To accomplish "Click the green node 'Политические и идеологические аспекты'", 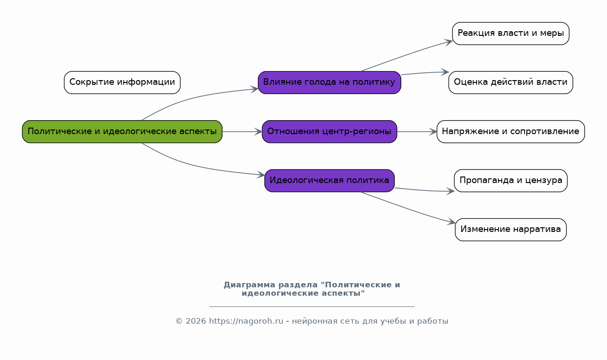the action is click(x=122, y=131).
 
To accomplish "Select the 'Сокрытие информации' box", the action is click(x=122, y=82).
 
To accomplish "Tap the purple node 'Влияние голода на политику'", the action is click(x=329, y=82).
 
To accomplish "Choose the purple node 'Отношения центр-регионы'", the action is click(x=329, y=131).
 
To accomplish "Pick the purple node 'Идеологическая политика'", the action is click(x=329, y=181).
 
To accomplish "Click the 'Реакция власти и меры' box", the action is click(x=511, y=34).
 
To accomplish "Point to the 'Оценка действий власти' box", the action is click(x=511, y=82).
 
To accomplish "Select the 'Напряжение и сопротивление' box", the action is click(x=511, y=131).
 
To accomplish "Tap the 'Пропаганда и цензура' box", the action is click(x=511, y=181).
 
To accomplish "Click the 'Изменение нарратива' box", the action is click(x=511, y=230).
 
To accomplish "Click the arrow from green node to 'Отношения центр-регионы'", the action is click(x=242, y=132).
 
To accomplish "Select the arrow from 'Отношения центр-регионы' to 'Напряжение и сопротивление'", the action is click(x=417, y=132).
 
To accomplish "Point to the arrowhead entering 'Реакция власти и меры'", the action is click(x=448, y=42).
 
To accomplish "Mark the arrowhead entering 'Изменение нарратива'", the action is click(x=451, y=222).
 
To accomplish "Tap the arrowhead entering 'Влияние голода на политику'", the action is click(x=254, y=89).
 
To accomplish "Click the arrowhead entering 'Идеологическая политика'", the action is click(x=261, y=175).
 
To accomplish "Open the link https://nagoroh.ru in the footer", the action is click(x=246, y=321).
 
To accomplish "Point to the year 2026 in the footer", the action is click(x=196, y=321).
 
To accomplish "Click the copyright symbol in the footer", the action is click(x=179, y=321).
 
